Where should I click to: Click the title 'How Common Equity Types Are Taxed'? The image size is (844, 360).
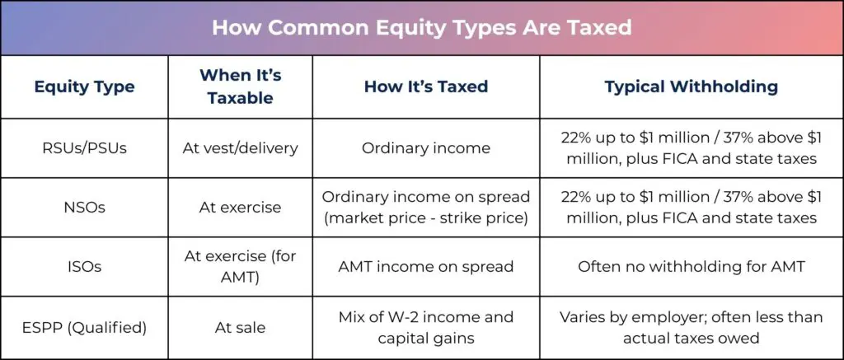click(421, 27)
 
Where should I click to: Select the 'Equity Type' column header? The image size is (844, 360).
click(84, 86)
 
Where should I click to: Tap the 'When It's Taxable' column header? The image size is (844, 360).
click(240, 86)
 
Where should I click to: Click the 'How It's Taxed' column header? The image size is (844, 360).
click(426, 86)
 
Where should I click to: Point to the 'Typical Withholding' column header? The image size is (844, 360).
click(692, 86)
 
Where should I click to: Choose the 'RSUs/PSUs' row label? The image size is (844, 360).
click(84, 148)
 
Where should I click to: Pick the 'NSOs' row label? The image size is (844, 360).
click(84, 207)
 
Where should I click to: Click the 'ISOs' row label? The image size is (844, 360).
click(84, 266)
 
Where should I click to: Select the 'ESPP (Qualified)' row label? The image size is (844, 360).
click(84, 327)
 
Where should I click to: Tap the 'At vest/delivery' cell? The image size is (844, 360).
click(240, 148)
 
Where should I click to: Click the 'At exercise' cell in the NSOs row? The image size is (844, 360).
click(240, 207)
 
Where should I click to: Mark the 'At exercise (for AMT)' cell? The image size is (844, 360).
click(240, 266)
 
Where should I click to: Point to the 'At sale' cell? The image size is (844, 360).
click(240, 328)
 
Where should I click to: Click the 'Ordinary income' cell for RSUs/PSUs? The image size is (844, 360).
click(426, 148)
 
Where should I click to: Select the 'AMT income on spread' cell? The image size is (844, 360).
click(426, 266)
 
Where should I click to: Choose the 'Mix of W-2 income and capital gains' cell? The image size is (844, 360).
click(426, 327)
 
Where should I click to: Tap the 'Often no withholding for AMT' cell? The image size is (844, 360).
click(692, 266)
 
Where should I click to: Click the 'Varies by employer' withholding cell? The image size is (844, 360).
click(692, 327)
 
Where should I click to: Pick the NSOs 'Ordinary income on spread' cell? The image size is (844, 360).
click(426, 207)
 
